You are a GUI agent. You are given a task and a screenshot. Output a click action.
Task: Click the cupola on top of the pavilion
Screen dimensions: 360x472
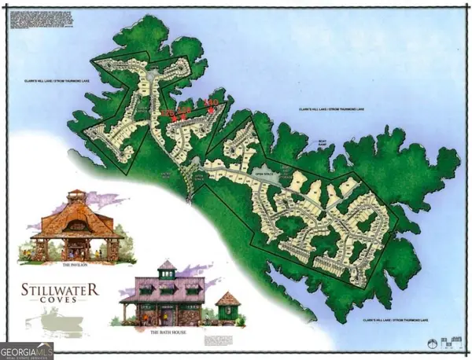click(76, 197)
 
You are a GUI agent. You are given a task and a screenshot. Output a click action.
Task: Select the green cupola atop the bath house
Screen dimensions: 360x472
click(168, 269)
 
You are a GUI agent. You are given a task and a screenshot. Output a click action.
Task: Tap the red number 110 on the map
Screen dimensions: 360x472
click(210, 102)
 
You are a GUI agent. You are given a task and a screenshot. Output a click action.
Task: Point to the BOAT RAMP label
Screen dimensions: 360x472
click(320, 144)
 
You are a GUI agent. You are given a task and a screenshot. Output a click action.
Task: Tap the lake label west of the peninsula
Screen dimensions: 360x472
click(53, 81)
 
